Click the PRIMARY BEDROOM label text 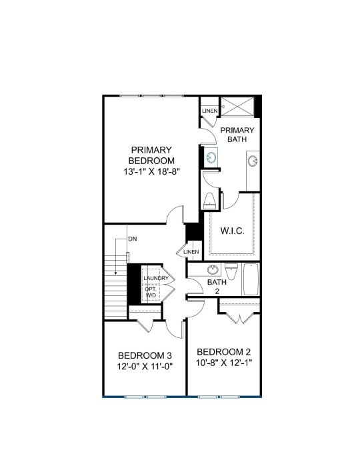click(152, 155)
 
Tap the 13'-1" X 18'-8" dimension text click(152, 171)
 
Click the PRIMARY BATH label click(237, 135)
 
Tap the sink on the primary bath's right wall click(253, 161)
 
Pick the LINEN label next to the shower click(209, 110)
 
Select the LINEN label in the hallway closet click(191, 252)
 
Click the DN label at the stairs click(132, 239)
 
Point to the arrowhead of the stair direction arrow click(117, 273)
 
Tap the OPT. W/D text click(151, 291)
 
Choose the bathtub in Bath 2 click(251, 280)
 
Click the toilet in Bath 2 click(231, 271)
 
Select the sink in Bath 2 click(212, 270)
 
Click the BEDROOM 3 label click(145, 355)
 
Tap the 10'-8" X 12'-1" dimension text click(224, 363)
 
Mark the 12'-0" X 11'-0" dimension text click(145, 367)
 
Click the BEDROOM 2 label click(224, 351)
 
